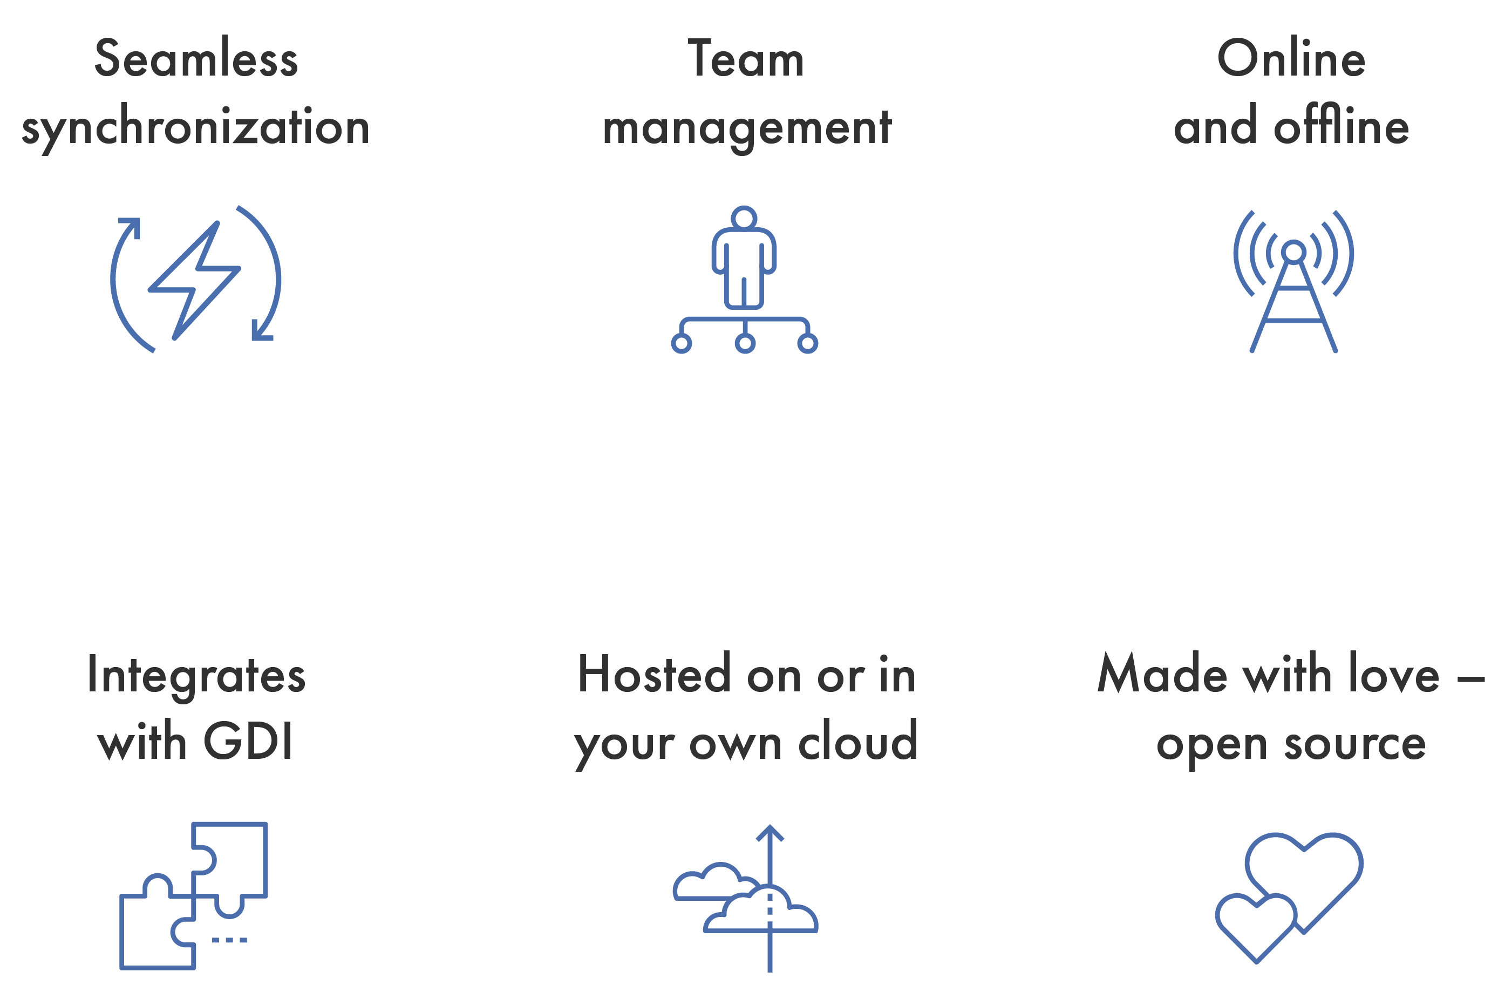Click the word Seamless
[196, 59]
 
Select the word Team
[746, 59]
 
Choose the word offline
[1341, 126]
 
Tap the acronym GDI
[248, 741]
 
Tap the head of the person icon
[744, 218]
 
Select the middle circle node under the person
[745, 343]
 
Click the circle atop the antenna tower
[1293, 251]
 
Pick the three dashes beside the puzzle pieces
[230, 940]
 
